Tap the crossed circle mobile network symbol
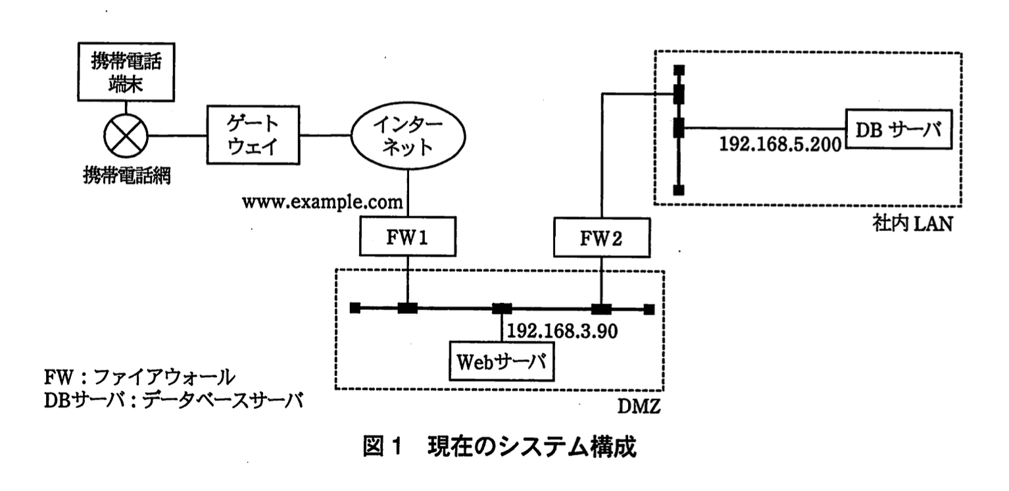(126, 136)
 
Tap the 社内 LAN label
(912, 224)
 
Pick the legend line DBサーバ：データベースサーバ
(173, 400)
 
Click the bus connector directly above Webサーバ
(503, 308)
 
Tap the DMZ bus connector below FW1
(408, 308)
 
